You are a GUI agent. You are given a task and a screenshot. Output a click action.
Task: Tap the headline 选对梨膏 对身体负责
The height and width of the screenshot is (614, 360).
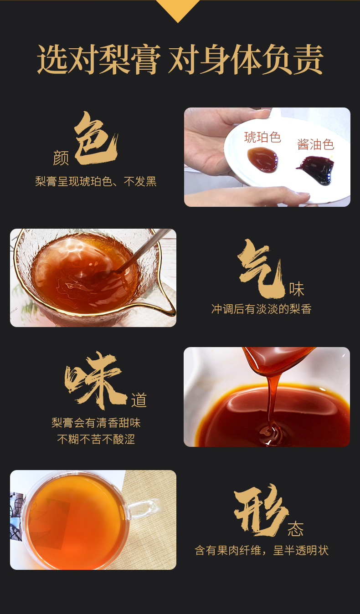pyautogui.click(x=180, y=60)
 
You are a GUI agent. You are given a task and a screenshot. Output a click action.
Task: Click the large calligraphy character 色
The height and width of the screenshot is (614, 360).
pyautogui.click(x=96, y=138)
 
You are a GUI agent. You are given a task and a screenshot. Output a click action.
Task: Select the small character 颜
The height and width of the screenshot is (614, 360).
pyautogui.click(x=61, y=158)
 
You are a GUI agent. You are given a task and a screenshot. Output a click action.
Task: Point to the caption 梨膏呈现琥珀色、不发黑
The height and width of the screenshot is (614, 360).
pyautogui.click(x=96, y=181)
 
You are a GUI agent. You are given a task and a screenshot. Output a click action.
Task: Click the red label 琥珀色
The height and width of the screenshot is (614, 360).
pyautogui.click(x=262, y=137)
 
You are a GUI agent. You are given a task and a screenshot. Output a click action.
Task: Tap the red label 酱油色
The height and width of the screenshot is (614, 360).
pyautogui.click(x=316, y=144)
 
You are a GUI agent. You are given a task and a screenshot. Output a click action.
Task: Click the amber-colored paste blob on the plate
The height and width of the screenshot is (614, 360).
pyautogui.click(x=262, y=160)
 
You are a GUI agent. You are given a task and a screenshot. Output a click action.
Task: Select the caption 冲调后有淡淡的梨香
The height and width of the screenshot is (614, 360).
pyautogui.click(x=261, y=309)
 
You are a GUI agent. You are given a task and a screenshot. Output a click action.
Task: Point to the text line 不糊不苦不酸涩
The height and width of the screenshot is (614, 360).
pyautogui.click(x=96, y=439)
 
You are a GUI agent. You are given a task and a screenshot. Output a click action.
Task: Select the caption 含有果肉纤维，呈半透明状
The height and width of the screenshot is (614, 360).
pyautogui.click(x=262, y=550)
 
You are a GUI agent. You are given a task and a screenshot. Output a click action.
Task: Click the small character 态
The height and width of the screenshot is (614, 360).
pyautogui.click(x=295, y=529)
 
